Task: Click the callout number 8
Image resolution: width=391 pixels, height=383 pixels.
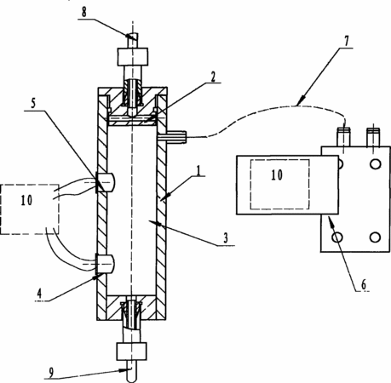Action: [x=84, y=12]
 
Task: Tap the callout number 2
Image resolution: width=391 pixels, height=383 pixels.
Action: [x=213, y=77]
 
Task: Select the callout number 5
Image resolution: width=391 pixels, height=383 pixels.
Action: [x=33, y=104]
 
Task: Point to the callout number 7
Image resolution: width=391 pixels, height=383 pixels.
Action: [x=346, y=42]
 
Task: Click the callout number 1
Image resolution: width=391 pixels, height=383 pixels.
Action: [x=199, y=170]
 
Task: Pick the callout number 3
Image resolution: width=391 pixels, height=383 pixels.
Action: [x=226, y=238]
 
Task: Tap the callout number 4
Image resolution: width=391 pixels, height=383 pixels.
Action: [x=39, y=294]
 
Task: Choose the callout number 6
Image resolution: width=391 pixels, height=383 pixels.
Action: [x=364, y=284]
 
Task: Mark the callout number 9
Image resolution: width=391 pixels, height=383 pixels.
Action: [x=51, y=373]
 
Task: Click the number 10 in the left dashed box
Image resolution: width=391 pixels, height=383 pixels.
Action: [x=26, y=200]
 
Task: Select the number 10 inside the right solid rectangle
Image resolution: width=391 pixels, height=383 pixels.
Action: [x=277, y=175]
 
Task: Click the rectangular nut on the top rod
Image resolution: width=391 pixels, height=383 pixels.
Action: [x=133, y=57]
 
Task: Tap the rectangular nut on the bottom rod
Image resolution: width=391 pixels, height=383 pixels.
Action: [x=132, y=352]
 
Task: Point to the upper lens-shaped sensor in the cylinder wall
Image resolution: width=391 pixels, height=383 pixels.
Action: [x=106, y=181]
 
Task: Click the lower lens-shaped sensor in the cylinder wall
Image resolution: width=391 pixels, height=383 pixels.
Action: [x=106, y=264]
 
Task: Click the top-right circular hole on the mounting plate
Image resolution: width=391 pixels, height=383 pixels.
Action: [x=376, y=164]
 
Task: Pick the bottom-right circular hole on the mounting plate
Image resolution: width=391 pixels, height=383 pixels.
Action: [x=376, y=237]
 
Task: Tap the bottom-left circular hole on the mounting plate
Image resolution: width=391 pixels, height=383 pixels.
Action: [x=337, y=237]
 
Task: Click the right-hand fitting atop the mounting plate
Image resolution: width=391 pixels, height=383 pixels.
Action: [x=373, y=137]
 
